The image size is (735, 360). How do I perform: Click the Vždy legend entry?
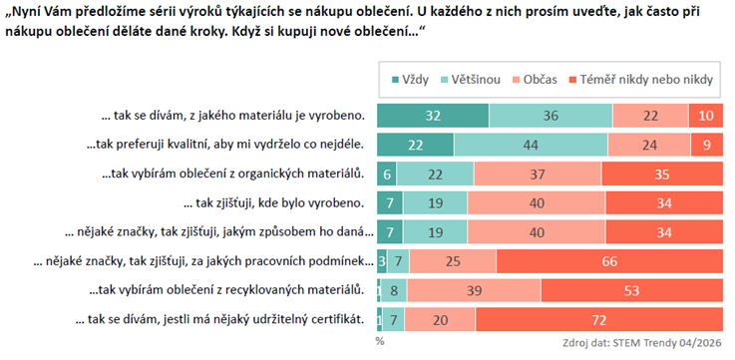(x=411, y=80)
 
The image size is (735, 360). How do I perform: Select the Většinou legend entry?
(x=470, y=80)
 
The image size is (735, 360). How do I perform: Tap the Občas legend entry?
(x=534, y=80)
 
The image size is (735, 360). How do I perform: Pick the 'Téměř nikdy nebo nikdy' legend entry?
(x=641, y=80)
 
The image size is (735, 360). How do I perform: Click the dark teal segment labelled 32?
(x=433, y=116)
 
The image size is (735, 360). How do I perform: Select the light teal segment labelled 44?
(x=531, y=146)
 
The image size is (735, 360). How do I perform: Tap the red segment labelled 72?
(x=599, y=320)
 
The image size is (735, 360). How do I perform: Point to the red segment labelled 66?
(x=610, y=261)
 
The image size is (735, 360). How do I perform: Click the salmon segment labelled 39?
(x=474, y=291)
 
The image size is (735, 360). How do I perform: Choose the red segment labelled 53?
(x=632, y=291)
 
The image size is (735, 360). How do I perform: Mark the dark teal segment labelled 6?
(x=387, y=175)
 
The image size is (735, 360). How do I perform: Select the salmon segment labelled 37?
(x=539, y=175)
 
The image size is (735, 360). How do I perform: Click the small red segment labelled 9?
(x=707, y=146)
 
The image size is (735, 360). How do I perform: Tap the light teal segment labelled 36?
(x=551, y=116)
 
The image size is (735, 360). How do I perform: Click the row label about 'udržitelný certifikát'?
(x=219, y=321)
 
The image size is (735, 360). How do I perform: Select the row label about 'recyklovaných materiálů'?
(x=226, y=291)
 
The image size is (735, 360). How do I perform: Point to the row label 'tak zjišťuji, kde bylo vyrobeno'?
(x=274, y=203)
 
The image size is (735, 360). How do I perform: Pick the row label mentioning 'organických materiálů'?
(x=233, y=175)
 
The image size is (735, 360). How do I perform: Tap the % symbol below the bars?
(x=380, y=342)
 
